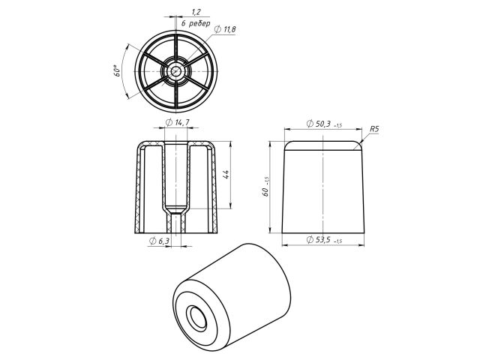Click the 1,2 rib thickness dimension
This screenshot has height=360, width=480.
coord(196,12)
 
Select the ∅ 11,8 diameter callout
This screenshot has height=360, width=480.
coord(225,28)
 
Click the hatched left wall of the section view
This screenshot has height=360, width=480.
coord(138,187)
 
